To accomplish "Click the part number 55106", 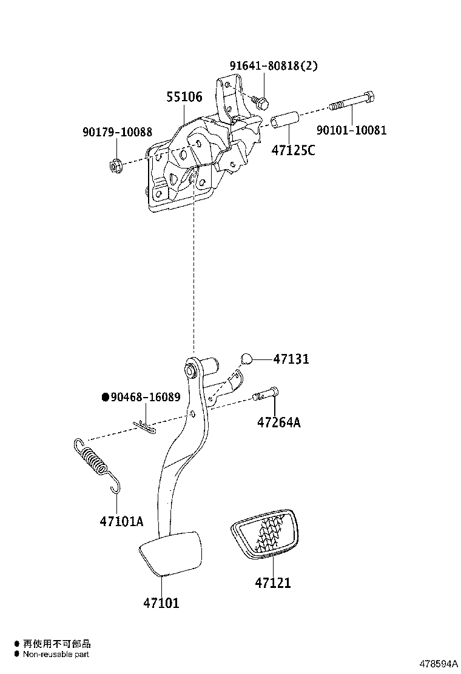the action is coord(184,97).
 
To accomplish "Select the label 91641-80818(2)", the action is coord(274,66).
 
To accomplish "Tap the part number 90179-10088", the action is coord(118,132).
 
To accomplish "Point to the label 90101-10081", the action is coord(351,130).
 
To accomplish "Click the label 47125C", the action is coord(293,150).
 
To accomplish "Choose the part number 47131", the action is coord(291,359).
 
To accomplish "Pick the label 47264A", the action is coord(279,422).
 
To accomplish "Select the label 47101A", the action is coord(122,521).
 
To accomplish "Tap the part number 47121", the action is coord(273,583).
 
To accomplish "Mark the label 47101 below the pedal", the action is coord(161,602).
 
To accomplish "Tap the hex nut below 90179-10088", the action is coord(115,164).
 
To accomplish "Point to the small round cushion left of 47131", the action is coord(246,358).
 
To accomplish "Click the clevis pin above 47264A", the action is coord(266,393).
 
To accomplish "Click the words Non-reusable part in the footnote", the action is coord(56,654).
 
